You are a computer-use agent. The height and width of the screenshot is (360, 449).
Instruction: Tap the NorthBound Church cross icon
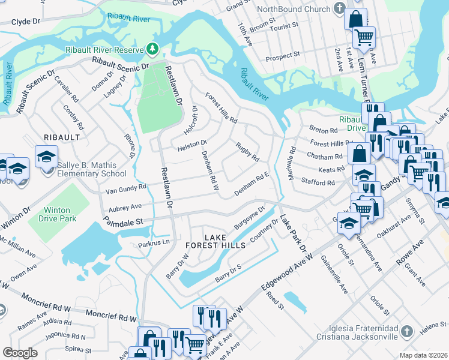click(x=340, y=9)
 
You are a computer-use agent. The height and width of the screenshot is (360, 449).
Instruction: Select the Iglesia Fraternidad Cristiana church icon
click(x=406, y=331)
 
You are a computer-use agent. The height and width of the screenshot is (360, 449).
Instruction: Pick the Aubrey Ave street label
click(x=124, y=206)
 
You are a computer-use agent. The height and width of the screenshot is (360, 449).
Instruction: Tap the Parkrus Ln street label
click(x=154, y=243)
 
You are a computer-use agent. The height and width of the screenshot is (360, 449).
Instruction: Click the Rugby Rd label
click(x=247, y=152)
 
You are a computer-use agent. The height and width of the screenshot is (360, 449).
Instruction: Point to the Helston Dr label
click(x=191, y=145)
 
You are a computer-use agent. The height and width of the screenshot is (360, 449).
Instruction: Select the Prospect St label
click(x=282, y=56)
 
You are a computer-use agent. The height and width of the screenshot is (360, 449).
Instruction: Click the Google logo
click(x=20, y=353)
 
